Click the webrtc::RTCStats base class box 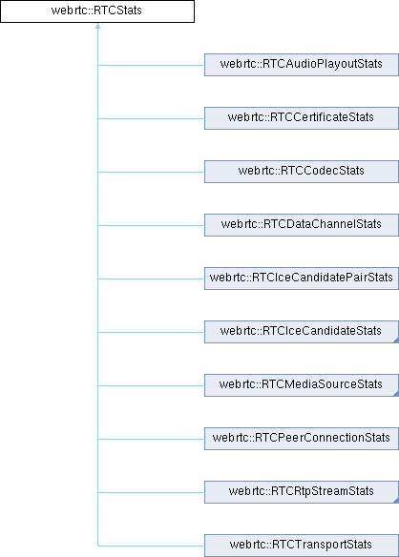pos(97,11)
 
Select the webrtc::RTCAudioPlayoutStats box pos(302,65)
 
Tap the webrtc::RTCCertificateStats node pos(302,118)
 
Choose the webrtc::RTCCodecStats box pos(302,172)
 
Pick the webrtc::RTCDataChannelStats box pos(302,225)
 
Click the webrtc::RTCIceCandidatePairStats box pos(302,278)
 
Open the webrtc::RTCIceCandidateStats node pos(302,332)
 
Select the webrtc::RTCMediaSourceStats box pos(302,385)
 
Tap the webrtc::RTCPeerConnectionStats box pos(302,439)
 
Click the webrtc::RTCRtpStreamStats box pos(302,492)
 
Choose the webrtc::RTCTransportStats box pos(302,546)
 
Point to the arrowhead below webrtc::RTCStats pos(97,26)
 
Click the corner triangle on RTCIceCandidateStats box pos(396,340)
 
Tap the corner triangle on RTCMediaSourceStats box pos(396,394)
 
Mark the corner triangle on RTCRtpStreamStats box pos(396,501)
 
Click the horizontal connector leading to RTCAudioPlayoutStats pos(151,66)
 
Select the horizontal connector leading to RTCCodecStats pos(151,173)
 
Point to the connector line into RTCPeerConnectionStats pos(151,440)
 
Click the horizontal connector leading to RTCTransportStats pos(151,546)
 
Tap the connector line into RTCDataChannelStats pos(151,226)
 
